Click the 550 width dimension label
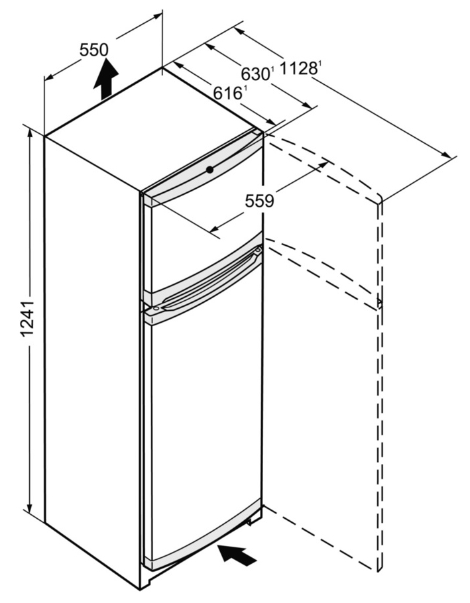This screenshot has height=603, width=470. coord(94,50)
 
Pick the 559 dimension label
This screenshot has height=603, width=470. coord(260,200)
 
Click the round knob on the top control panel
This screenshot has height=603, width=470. coord(209,169)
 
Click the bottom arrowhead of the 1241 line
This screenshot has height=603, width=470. coord(30,508)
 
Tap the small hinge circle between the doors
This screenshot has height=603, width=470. coord(156,308)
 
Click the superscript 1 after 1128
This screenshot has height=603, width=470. coord(320,64)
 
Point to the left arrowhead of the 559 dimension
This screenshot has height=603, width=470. coord(215,230)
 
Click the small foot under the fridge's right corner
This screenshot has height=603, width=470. coord(250,522)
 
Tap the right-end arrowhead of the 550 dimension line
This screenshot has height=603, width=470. coord(157,17)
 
